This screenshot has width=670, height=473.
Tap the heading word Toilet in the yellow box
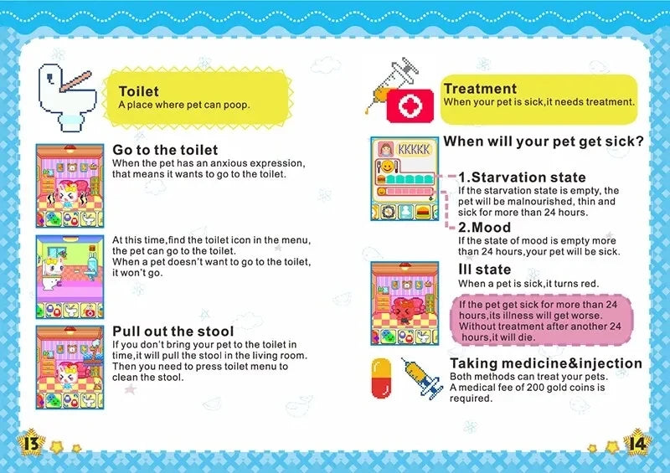point(139,91)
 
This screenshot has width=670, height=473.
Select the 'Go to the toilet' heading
point(165,150)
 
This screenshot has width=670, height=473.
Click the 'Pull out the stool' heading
point(173,331)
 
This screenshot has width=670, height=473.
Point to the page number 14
point(639,441)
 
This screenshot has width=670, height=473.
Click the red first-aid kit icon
point(411,106)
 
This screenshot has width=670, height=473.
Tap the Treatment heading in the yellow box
point(480,89)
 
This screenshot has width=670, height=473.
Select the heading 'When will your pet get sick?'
point(543,141)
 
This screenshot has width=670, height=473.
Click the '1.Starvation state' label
point(522,177)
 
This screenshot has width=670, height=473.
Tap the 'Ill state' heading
point(485,270)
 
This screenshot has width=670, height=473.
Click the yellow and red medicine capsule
point(381,378)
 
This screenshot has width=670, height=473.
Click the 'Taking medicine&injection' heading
point(546,363)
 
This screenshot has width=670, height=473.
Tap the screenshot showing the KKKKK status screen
point(405,180)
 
